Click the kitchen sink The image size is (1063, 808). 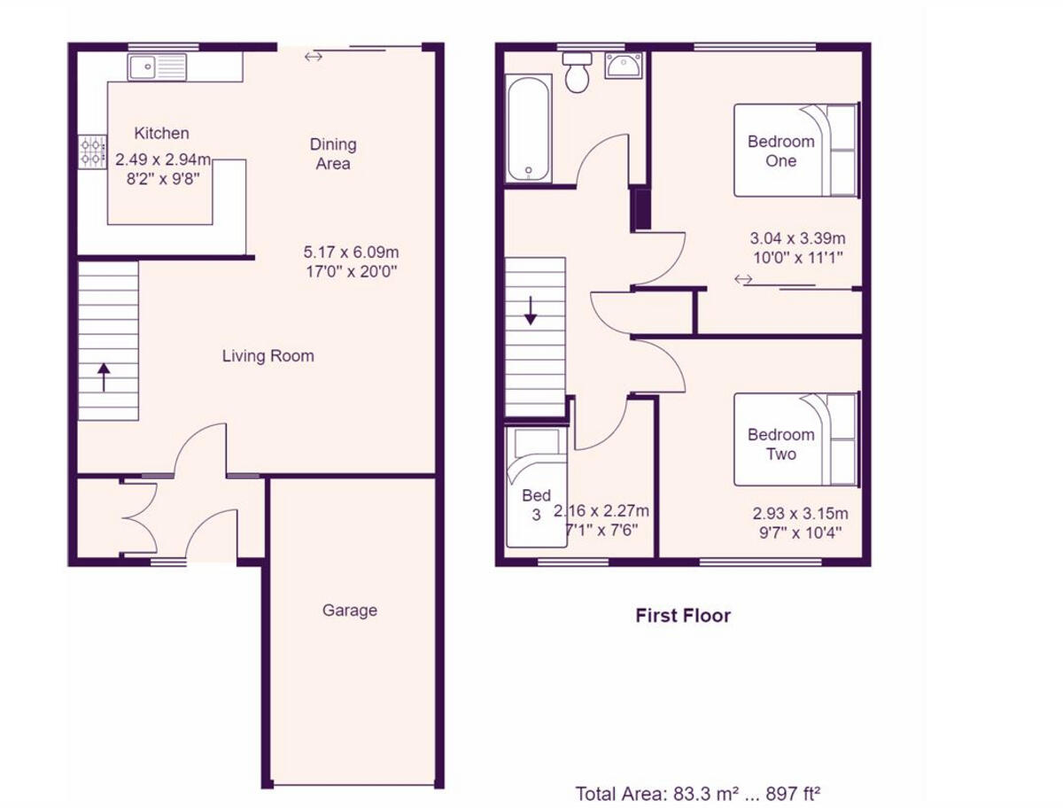(157, 66)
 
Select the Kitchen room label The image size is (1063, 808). (161, 133)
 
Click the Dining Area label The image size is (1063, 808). (333, 153)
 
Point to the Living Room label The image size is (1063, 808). (268, 356)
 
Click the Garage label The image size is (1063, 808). (349, 610)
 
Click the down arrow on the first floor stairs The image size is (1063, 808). (530, 311)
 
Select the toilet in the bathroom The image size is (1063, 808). (578, 73)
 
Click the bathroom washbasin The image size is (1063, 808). (625, 66)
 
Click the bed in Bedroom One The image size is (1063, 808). (795, 150)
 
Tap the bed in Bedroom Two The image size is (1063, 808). (795, 439)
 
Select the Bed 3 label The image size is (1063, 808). (536, 504)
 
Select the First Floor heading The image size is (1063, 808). (683, 615)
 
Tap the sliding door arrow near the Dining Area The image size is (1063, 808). (313, 58)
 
